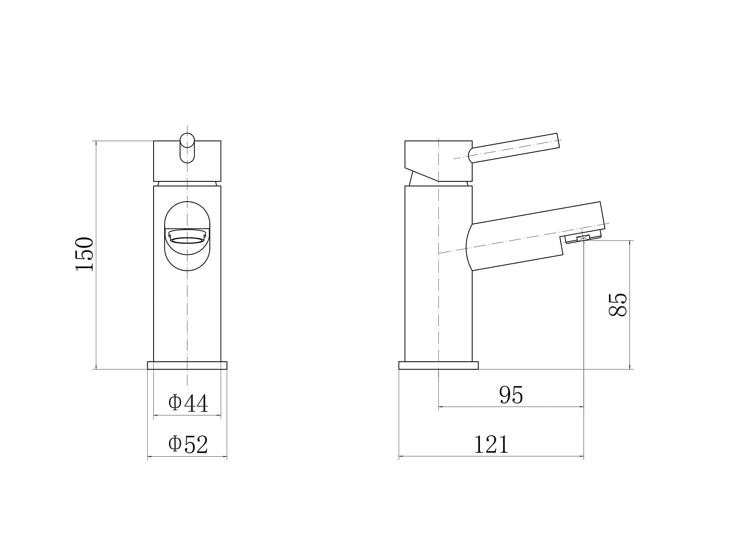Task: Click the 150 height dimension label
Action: (x=84, y=254)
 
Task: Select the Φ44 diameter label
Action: (x=188, y=403)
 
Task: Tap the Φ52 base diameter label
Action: (x=188, y=444)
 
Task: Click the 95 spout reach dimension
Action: (x=511, y=395)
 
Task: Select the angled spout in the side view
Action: (x=534, y=236)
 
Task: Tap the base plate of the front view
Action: (x=187, y=365)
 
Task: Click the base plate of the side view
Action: (x=438, y=365)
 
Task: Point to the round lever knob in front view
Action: (x=187, y=140)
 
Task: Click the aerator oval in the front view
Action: (x=187, y=240)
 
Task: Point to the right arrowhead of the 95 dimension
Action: (x=581, y=407)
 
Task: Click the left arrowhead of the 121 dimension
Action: (x=401, y=456)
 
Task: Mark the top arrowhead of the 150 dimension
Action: (x=96, y=143)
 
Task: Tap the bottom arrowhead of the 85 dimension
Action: (x=630, y=367)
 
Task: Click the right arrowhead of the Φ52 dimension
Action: (x=225, y=457)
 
